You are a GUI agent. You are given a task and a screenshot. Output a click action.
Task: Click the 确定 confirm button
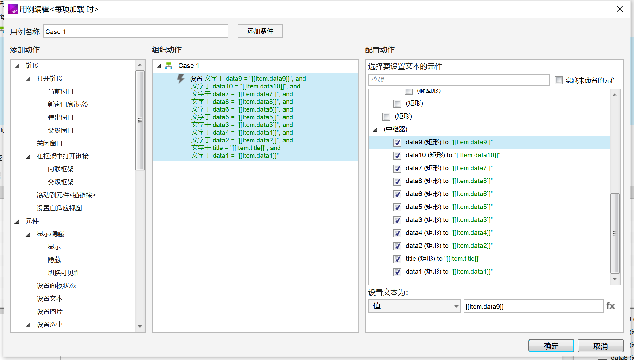coord(551,346)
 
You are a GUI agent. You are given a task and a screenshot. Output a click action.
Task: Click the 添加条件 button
coord(260,31)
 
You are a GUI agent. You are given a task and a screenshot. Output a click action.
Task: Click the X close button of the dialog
coord(620,9)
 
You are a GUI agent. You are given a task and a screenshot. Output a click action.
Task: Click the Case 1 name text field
coord(136,31)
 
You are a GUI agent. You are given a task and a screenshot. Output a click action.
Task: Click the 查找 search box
coord(459,80)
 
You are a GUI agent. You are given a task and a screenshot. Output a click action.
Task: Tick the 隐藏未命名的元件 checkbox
coord(559,80)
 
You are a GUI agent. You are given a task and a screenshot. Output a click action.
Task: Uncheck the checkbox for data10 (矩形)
coord(397,155)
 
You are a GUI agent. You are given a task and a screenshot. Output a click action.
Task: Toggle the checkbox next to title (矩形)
coord(397,259)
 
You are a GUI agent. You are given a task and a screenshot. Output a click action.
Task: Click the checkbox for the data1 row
coord(397,272)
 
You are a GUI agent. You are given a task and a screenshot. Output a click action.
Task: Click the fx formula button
coord(611,306)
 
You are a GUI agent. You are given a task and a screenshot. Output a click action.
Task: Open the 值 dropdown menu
coord(414,306)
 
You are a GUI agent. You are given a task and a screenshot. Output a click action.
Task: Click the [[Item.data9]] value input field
coord(533,306)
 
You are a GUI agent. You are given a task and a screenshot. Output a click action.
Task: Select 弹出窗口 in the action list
coord(61,117)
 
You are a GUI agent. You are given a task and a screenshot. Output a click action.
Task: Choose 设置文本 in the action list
coord(50,299)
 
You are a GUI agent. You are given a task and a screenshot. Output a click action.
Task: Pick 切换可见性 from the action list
coord(64,273)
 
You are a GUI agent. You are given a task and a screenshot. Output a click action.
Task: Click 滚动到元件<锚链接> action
coord(66,195)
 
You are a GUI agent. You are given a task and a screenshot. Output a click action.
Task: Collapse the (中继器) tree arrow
coord(375,129)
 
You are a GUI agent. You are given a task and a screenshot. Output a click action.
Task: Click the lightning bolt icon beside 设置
coord(181,79)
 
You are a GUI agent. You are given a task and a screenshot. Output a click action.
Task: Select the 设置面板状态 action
coord(56,286)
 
